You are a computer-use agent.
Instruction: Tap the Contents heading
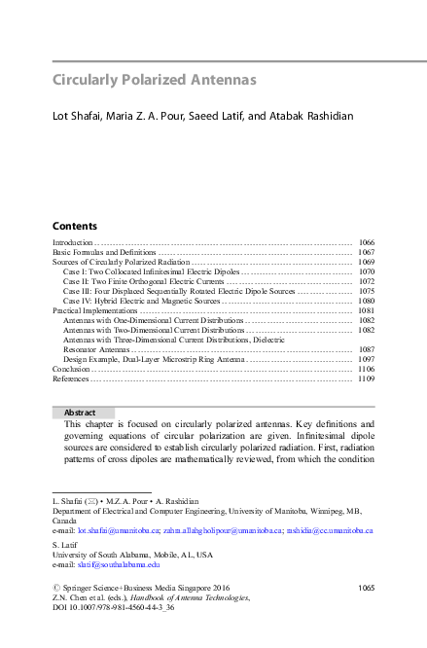(x=74, y=225)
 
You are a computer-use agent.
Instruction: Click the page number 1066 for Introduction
(x=366, y=241)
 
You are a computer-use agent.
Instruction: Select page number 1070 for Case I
(x=366, y=271)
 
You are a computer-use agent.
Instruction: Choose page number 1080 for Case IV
(x=366, y=301)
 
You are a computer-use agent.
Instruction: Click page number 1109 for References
(x=366, y=378)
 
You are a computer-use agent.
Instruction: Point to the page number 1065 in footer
(x=366, y=587)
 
